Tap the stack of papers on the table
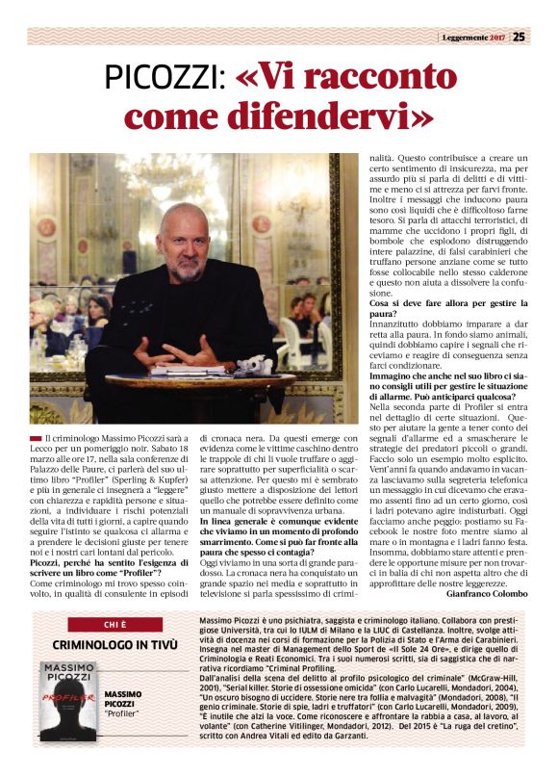[181, 370]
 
